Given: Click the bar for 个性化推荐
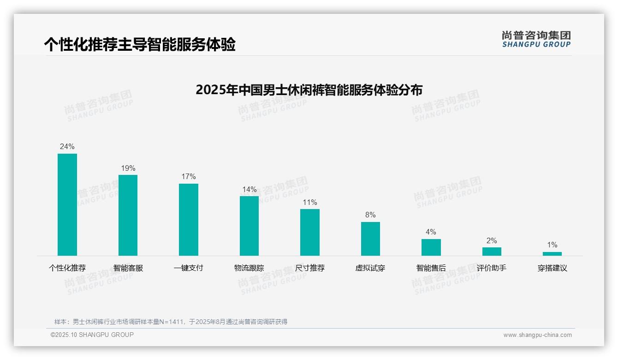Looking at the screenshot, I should tap(67, 204).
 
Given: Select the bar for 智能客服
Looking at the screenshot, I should tap(128, 215).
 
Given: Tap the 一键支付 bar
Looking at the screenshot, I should tap(189, 220).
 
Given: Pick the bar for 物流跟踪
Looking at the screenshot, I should tap(249, 226).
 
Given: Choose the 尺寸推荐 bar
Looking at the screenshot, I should tap(310, 232).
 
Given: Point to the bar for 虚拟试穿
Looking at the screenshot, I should tap(370, 239).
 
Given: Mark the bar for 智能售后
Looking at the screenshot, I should tap(431, 247).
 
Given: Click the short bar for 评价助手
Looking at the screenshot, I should tap(492, 252).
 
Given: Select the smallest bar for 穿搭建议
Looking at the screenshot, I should tap(552, 254).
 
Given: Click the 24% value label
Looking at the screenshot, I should tap(67, 147).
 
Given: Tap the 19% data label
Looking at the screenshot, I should tap(128, 168).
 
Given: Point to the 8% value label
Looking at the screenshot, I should tap(370, 215).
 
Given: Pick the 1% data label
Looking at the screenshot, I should tap(552, 245).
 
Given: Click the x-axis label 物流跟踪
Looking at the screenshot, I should tap(249, 268).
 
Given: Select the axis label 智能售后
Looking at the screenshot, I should tap(431, 268).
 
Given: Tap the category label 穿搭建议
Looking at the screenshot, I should tap(552, 268).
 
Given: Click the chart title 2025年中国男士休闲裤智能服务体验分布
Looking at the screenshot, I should tap(309, 90).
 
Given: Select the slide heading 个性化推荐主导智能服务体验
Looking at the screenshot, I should tap(140, 44).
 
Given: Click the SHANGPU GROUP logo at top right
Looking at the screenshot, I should tap(536, 39).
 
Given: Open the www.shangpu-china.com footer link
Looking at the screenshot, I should tap(537, 335).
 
